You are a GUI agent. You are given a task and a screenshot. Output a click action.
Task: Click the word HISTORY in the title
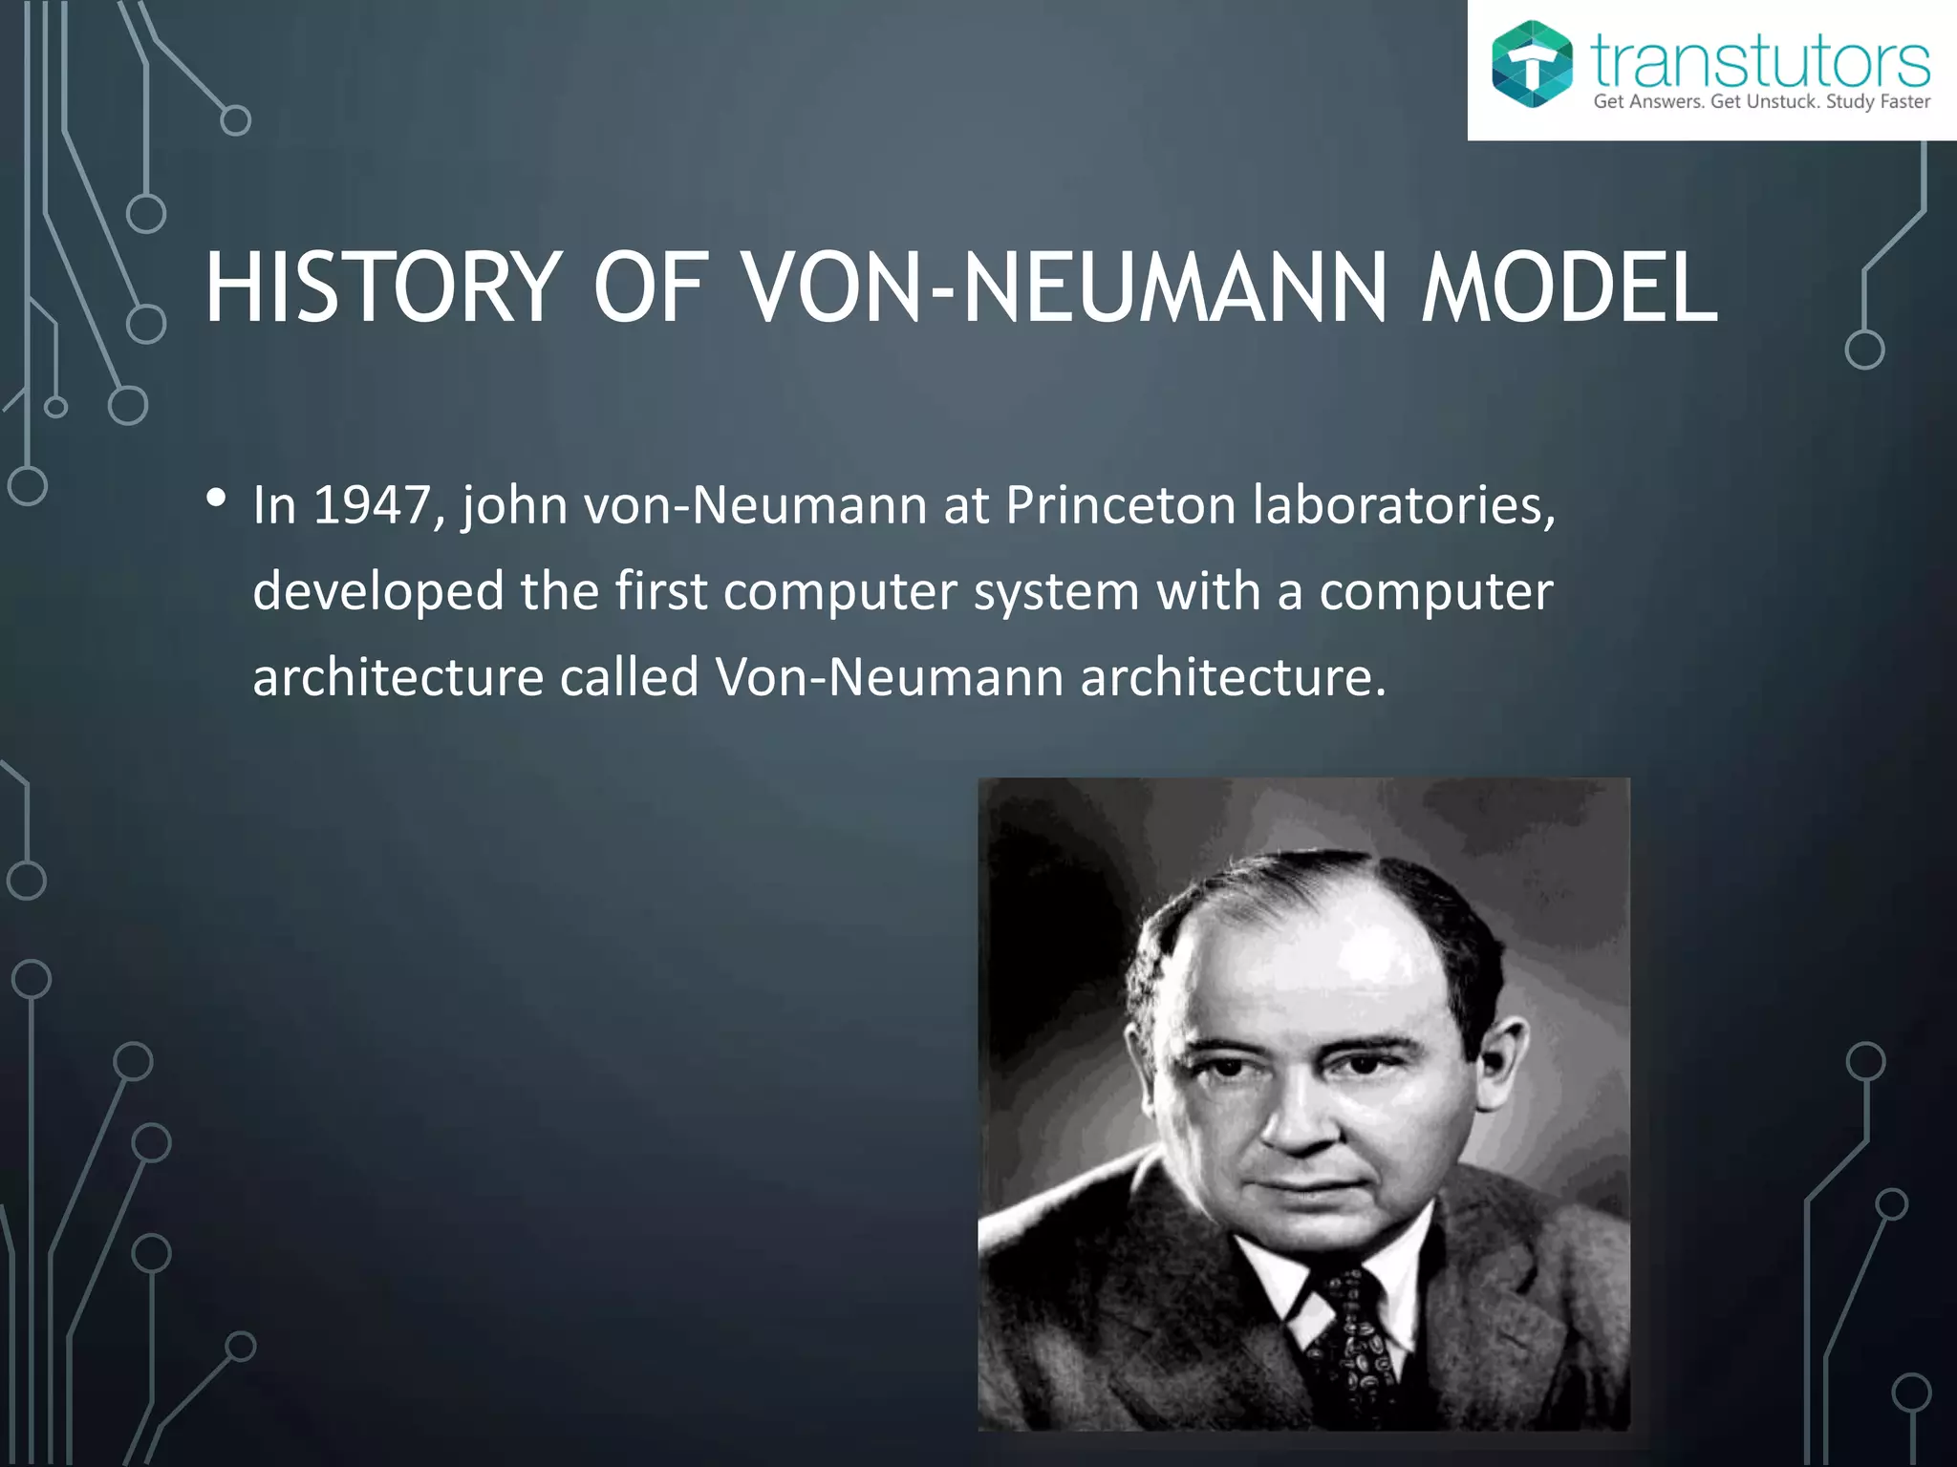pos(382,287)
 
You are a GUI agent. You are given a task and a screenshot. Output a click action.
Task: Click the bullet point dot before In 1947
pos(216,498)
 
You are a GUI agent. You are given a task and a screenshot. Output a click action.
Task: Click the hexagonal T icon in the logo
pos(1532,64)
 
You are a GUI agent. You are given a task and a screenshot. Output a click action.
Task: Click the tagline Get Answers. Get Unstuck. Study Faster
pos(1761,102)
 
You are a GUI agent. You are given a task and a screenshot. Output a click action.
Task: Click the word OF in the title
pos(650,287)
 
